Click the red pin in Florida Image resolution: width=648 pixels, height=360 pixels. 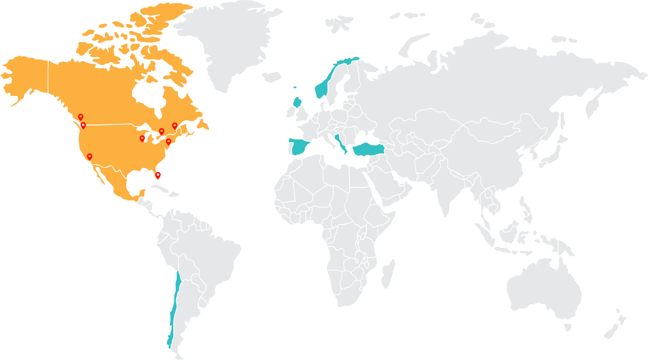click(x=158, y=175)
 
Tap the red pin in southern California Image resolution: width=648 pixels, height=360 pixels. click(x=90, y=156)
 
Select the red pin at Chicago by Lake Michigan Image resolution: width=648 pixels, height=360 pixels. click(x=142, y=138)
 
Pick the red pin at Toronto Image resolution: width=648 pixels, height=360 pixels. click(x=161, y=131)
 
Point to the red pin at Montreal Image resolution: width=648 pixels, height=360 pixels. click(x=174, y=126)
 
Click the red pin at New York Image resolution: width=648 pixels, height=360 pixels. click(x=168, y=141)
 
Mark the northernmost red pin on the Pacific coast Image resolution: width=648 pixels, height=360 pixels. click(x=81, y=117)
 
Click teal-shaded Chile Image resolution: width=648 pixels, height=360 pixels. click(x=174, y=304)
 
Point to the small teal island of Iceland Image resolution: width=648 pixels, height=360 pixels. click(x=295, y=87)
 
